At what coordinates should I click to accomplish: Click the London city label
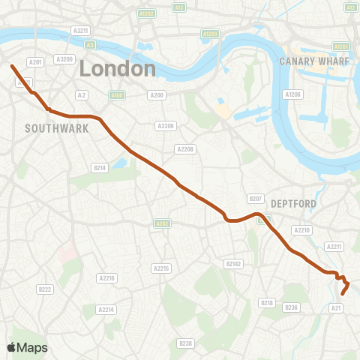pos(118,69)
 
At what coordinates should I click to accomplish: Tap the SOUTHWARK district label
pos(57,128)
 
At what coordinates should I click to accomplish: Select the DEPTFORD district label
pos(294,203)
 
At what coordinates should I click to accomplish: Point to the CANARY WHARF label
pos(313,61)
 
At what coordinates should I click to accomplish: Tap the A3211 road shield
pos(80,30)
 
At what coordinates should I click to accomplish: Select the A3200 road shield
pos(65,58)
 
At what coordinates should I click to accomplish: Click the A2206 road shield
pos(165,126)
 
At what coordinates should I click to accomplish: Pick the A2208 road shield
pos(185,149)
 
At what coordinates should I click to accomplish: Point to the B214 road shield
pos(100,168)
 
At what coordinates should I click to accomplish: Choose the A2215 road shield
pos(161,268)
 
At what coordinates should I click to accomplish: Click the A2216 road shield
pos(107,278)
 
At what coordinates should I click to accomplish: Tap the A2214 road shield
pos(106,308)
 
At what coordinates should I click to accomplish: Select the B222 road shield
pos(45,289)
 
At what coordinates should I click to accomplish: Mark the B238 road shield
pos(186,343)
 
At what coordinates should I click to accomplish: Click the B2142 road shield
pos(234,263)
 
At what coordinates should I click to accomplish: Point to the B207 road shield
pos(256,199)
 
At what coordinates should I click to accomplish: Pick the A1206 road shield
pos(292,94)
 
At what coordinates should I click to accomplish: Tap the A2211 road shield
pos(334,246)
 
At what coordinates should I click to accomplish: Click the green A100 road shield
pos(116,95)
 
